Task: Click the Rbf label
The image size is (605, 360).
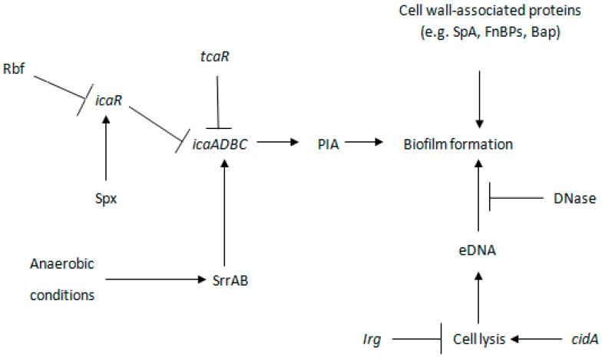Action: pyautogui.click(x=15, y=78)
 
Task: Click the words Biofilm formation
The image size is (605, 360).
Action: pyautogui.click(x=458, y=144)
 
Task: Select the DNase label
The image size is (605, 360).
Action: pyautogui.click(x=572, y=198)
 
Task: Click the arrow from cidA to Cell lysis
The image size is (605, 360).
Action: pyautogui.click(x=534, y=338)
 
